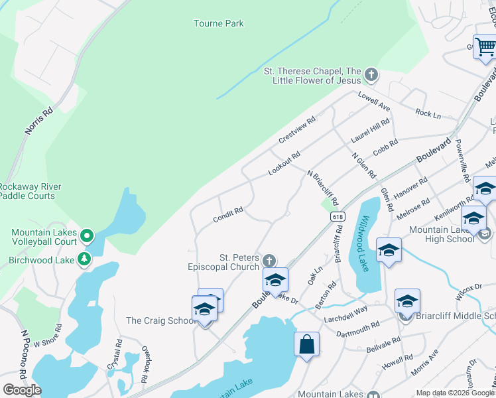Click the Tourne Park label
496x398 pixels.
(218, 24)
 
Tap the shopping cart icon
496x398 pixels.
(485, 46)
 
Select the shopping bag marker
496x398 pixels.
(306, 344)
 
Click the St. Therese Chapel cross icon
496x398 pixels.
(371, 76)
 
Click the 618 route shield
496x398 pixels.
(338, 216)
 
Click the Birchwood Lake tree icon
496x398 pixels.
(84, 259)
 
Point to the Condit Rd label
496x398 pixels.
(228, 215)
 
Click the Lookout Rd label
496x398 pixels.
(284, 163)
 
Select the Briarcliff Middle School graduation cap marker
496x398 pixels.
(406, 301)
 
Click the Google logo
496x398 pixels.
(22, 390)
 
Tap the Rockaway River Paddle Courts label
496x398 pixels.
(36, 191)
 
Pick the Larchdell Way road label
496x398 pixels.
(345, 314)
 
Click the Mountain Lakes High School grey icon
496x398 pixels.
(484, 233)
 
